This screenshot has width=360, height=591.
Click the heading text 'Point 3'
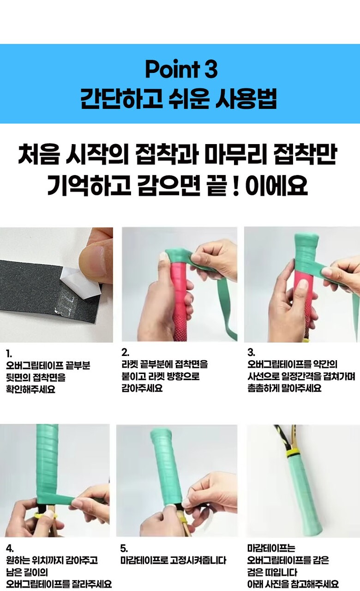click(x=181, y=69)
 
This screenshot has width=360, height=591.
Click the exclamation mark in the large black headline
click(x=236, y=185)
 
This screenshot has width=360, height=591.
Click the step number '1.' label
click(x=9, y=353)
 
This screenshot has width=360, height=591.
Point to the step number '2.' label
click(x=125, y=352)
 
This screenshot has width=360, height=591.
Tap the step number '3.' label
click(x=251, y=352)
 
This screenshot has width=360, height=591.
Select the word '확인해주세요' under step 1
click(x=30, y=389)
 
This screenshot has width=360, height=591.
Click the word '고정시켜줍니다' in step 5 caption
click(x=198, y=561)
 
